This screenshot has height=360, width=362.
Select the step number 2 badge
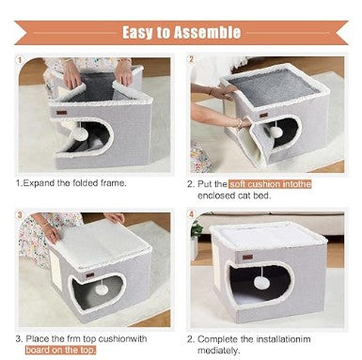click(192, 59)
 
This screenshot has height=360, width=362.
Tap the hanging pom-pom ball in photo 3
click(102, 290)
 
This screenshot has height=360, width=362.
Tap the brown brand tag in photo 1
click(57, 111)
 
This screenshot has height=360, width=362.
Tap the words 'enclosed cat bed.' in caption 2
click(239, 196)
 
